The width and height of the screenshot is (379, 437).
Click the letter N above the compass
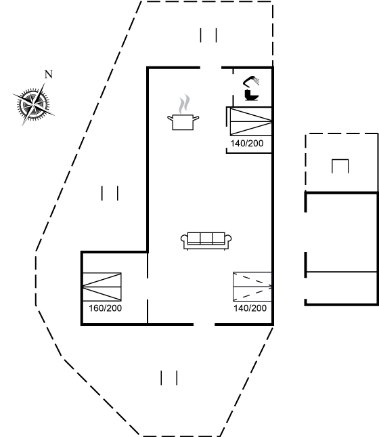coord(49,75)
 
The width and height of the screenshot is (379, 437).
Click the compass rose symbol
coord(33,104)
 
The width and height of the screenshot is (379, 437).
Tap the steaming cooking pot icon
coord(183,122)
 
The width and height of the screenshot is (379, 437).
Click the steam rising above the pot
coord(184,104)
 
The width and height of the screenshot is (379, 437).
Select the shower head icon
coord(251,81)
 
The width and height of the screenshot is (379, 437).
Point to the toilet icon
coord(252,95)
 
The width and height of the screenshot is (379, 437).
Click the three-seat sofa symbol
coord(206,241)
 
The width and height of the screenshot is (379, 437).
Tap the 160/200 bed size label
coord(106,308)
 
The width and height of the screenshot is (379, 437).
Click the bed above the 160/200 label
coord(102,287)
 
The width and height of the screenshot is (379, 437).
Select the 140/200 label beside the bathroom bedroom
coord(247,143)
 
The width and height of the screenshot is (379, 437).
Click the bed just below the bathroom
coord(251,122)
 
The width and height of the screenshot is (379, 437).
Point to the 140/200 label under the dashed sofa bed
coord(250,308)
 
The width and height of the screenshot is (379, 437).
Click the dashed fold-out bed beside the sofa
coord(252,287)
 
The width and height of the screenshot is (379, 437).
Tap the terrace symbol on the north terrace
coord(208,35)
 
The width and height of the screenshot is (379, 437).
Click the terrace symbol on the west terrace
coord(110,193)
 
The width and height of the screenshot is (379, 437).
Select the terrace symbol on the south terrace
coord(169,378)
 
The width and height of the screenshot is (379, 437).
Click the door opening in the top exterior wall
coord(210,68)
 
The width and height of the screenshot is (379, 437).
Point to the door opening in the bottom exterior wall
coord(204,325)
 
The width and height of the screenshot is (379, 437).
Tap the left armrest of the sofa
coord(184,241)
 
